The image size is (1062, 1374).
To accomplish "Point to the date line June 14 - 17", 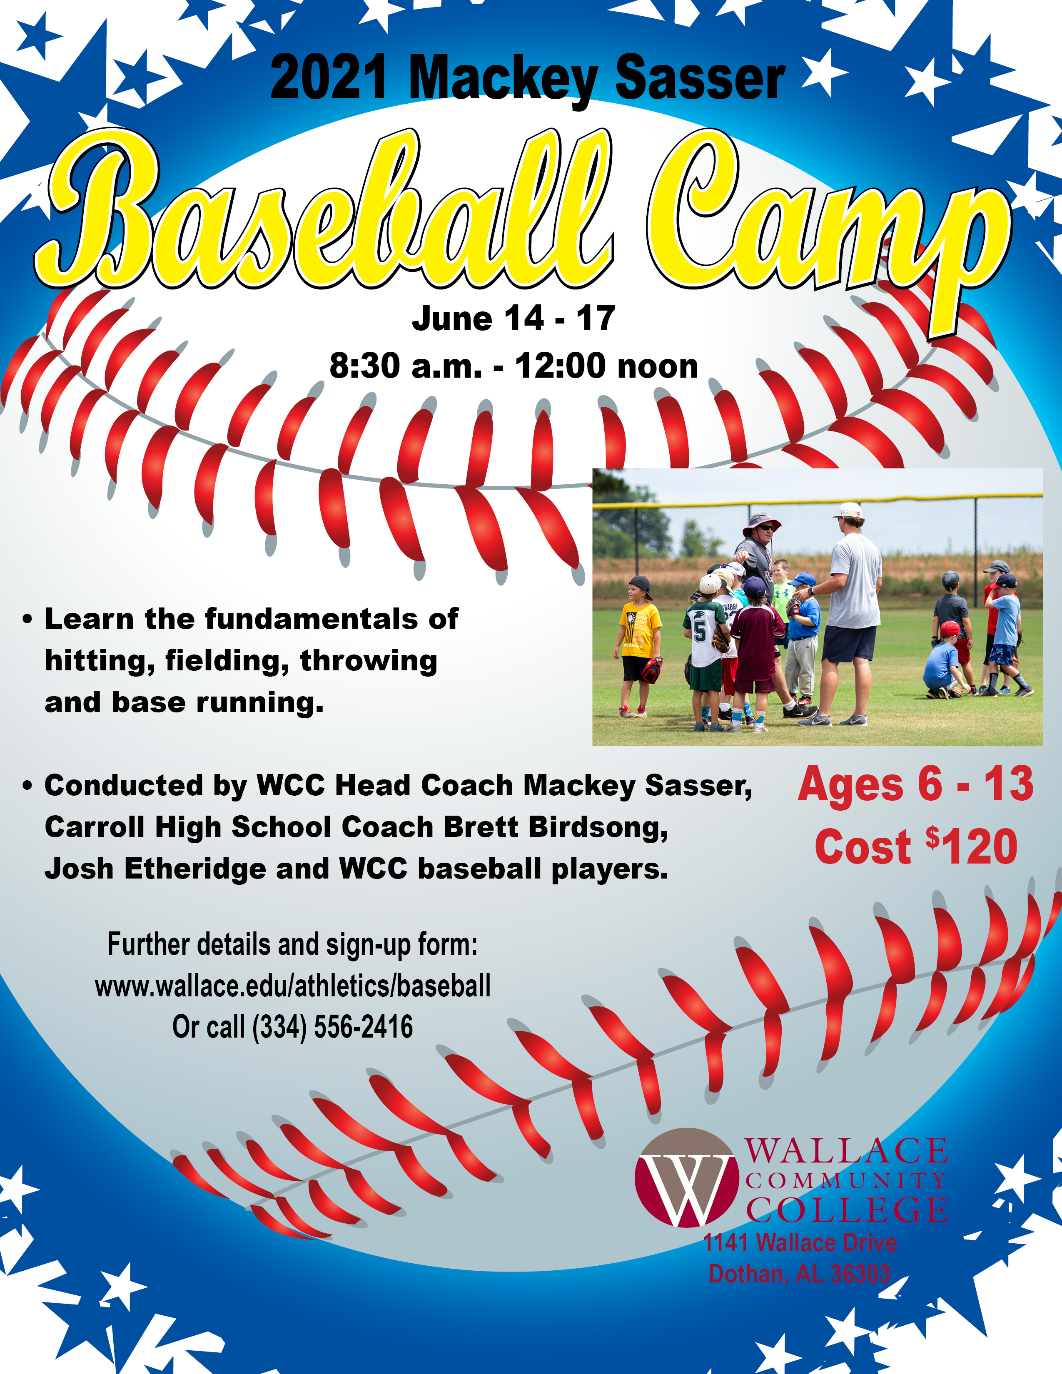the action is [514, 319].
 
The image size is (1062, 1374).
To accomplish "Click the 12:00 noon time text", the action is [606, 366].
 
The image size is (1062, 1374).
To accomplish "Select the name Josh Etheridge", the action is [155, 869].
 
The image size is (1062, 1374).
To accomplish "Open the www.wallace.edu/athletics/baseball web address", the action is [292, 986].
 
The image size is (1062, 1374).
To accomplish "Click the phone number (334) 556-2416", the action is [332, 1027].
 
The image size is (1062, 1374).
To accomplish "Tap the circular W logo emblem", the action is [686, 1178].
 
